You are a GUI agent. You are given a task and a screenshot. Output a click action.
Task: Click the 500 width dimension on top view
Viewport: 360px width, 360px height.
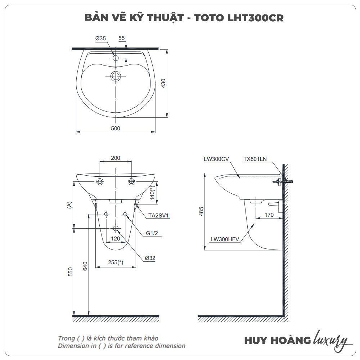point(115,128)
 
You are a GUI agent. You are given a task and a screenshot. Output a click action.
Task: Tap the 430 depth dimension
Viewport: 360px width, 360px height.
point(174,83)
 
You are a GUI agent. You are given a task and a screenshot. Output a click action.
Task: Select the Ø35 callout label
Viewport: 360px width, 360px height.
point(100,38)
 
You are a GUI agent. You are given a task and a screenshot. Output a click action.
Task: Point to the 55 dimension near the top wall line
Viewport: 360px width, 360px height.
point(121,38)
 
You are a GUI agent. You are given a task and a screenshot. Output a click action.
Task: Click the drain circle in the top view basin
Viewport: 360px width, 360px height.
point(116,76)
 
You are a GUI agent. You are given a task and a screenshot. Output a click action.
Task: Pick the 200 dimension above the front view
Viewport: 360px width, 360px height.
point(115,158)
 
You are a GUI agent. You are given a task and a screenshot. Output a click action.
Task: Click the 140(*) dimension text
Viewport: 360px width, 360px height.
point(153,193)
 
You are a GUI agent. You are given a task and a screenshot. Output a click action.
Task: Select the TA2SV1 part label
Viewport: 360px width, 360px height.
point(159,216)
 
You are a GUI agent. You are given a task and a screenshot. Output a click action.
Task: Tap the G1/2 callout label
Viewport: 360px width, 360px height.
point(152,233)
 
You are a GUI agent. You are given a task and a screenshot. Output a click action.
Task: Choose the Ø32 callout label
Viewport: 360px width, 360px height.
point(150,258)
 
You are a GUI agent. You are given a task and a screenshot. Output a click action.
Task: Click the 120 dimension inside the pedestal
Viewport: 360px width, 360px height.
point(115,239)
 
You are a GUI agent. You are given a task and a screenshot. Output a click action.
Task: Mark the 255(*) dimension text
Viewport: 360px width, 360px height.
point(116,263)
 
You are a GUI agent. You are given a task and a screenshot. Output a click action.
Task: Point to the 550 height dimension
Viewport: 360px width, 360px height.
point(71,272)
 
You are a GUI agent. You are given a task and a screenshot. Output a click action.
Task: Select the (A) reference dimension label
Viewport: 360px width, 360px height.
point(69,205)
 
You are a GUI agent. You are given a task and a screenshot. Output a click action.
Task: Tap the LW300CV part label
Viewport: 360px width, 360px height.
point(216,159)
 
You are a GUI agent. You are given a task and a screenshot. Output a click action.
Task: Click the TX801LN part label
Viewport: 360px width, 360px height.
point(255,159)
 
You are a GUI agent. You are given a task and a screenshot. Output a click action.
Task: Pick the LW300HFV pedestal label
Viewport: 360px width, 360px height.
point(225,239)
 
